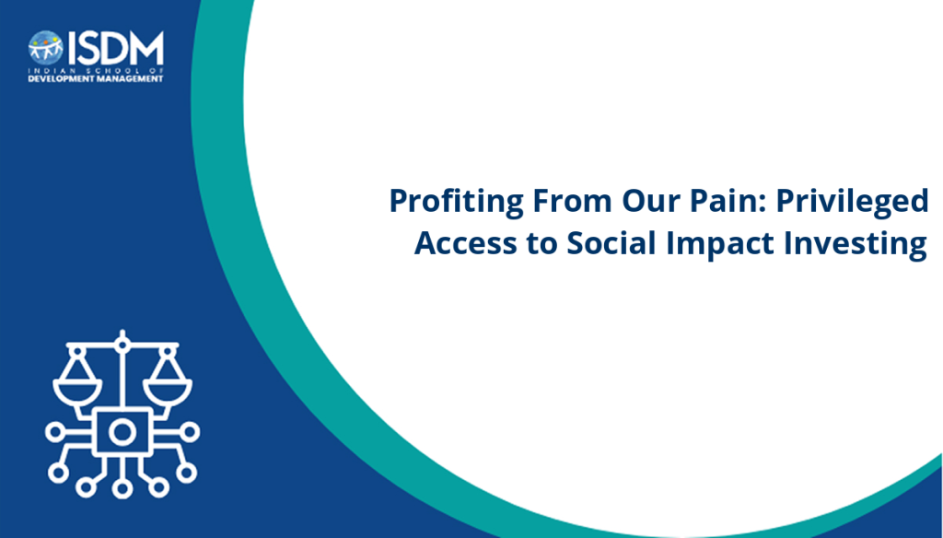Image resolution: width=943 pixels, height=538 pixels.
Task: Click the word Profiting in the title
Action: (x=457, y=201)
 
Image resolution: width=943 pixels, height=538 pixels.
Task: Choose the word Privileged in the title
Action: (x=852, y=201)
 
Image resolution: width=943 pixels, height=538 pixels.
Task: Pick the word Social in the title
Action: (x=611, y=243)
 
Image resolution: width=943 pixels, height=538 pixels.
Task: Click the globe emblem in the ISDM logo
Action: (x=45, y=48)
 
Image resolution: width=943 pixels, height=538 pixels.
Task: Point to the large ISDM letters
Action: (x=115, y=48)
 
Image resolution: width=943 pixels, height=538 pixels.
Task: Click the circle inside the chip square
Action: (x=122, y=432)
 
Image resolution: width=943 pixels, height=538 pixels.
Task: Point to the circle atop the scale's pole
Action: (x=122, y=345)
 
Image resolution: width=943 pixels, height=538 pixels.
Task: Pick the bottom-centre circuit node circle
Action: (x=122, y=488)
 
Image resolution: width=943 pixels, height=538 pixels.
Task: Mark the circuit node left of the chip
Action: (x=54, y=432)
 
